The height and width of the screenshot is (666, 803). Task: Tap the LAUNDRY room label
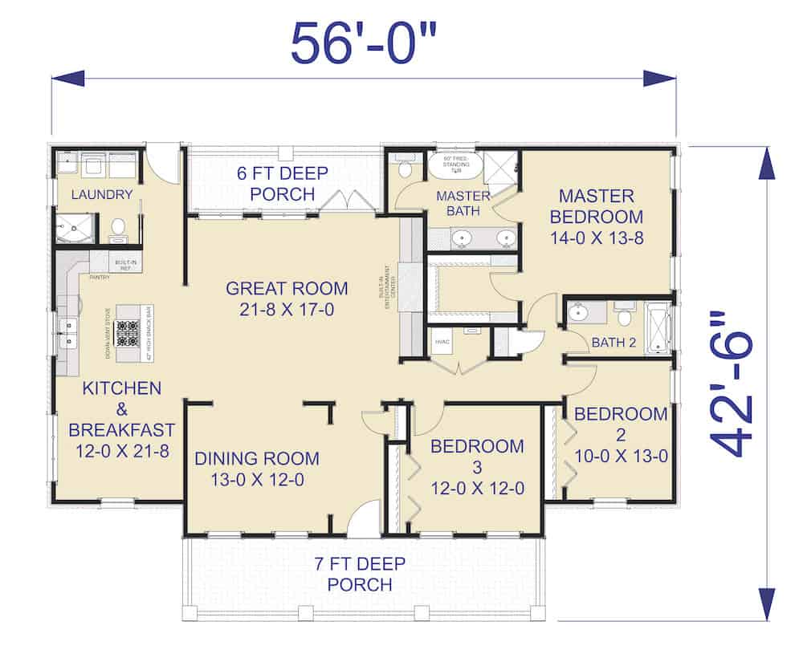click(x=101, y=194)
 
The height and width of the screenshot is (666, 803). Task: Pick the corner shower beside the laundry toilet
click(x=74, y=227)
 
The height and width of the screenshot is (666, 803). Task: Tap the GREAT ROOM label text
click(x=287, y=288)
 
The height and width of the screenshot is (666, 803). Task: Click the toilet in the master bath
click(x=405, y=169)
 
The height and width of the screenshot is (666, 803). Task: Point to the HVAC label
click(x=442, y=341)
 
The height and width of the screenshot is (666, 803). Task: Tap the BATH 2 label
click(x=613, y=343)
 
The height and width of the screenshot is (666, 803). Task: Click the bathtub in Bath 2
click(x=659, y=327)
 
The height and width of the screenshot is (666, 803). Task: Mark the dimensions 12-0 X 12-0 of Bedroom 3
click(x=477, y=488)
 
